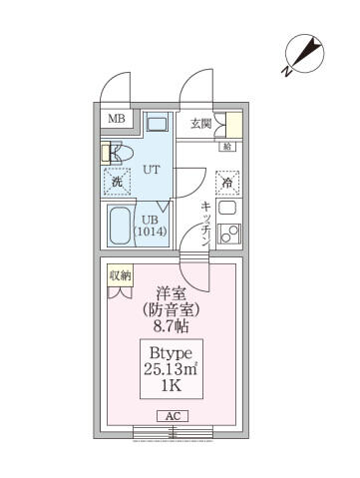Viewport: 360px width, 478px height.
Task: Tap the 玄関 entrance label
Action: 200,123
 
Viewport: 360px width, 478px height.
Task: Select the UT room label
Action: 150,171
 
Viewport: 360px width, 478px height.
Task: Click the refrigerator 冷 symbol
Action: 227,183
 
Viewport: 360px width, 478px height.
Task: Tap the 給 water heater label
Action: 227,148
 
